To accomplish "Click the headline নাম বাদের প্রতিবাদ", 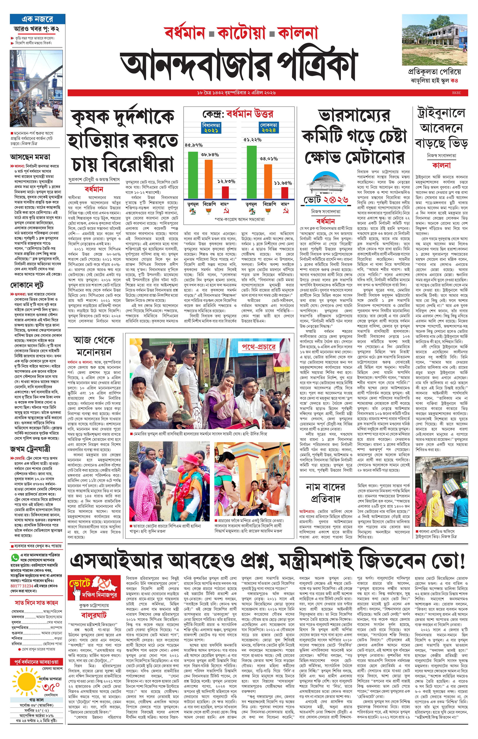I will (x=325, y=493).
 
